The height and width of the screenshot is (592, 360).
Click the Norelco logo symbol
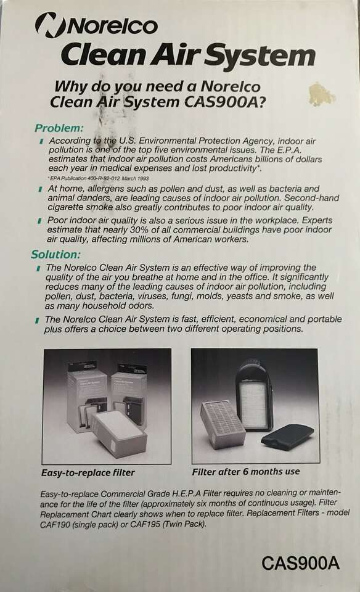point(46,25)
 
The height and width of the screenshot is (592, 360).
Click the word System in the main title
point(261,55)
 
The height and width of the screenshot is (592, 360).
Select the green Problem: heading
point(59,128)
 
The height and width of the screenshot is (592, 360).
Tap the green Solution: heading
point(55,255)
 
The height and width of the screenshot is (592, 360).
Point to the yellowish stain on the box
point(321,94)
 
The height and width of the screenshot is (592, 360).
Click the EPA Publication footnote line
point(98,178)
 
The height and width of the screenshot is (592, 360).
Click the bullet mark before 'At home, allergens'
point(40,189)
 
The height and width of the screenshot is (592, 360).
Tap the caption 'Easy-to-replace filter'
point(88,472)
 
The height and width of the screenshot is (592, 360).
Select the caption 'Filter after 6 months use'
point(246,472)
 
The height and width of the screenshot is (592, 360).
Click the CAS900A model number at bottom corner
point(300,564)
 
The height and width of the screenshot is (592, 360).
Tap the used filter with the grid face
point(223,424)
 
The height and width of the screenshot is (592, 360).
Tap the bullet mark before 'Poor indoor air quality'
point(39,221)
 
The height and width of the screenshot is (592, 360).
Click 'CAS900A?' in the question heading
point(225,102)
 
